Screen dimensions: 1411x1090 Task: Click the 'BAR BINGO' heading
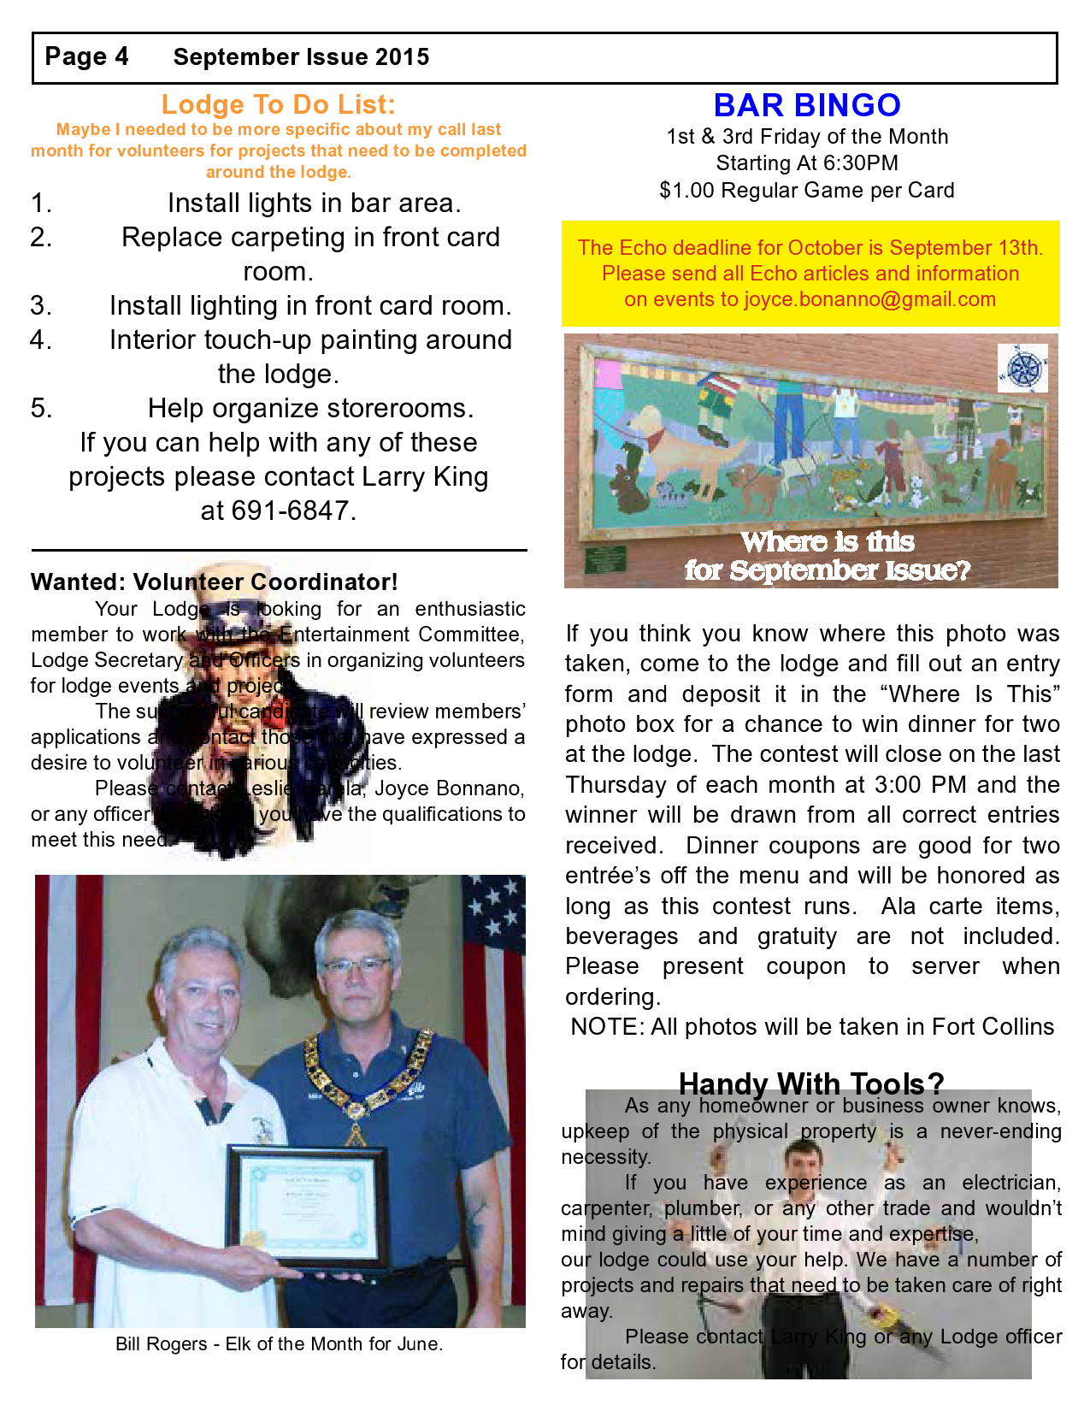click(x=807, y=105)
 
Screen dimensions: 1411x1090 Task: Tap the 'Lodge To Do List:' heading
click(x=278, y=104)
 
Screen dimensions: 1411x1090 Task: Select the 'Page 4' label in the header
click(x=86, y=56)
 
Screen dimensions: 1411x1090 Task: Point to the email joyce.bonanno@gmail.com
click(x=869, y=299)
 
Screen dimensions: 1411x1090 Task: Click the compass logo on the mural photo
click(x=1023, y=369)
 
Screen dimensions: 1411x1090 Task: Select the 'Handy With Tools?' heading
click(x=810, y=1083)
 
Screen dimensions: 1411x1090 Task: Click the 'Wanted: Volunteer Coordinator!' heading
click(x=215, y=582)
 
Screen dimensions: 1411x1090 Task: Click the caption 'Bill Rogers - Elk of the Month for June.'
click(x=279, y=1343)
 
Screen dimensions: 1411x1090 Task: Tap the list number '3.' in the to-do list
click(x=41, y=305)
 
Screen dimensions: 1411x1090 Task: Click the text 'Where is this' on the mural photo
click(x=827, y=541)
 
